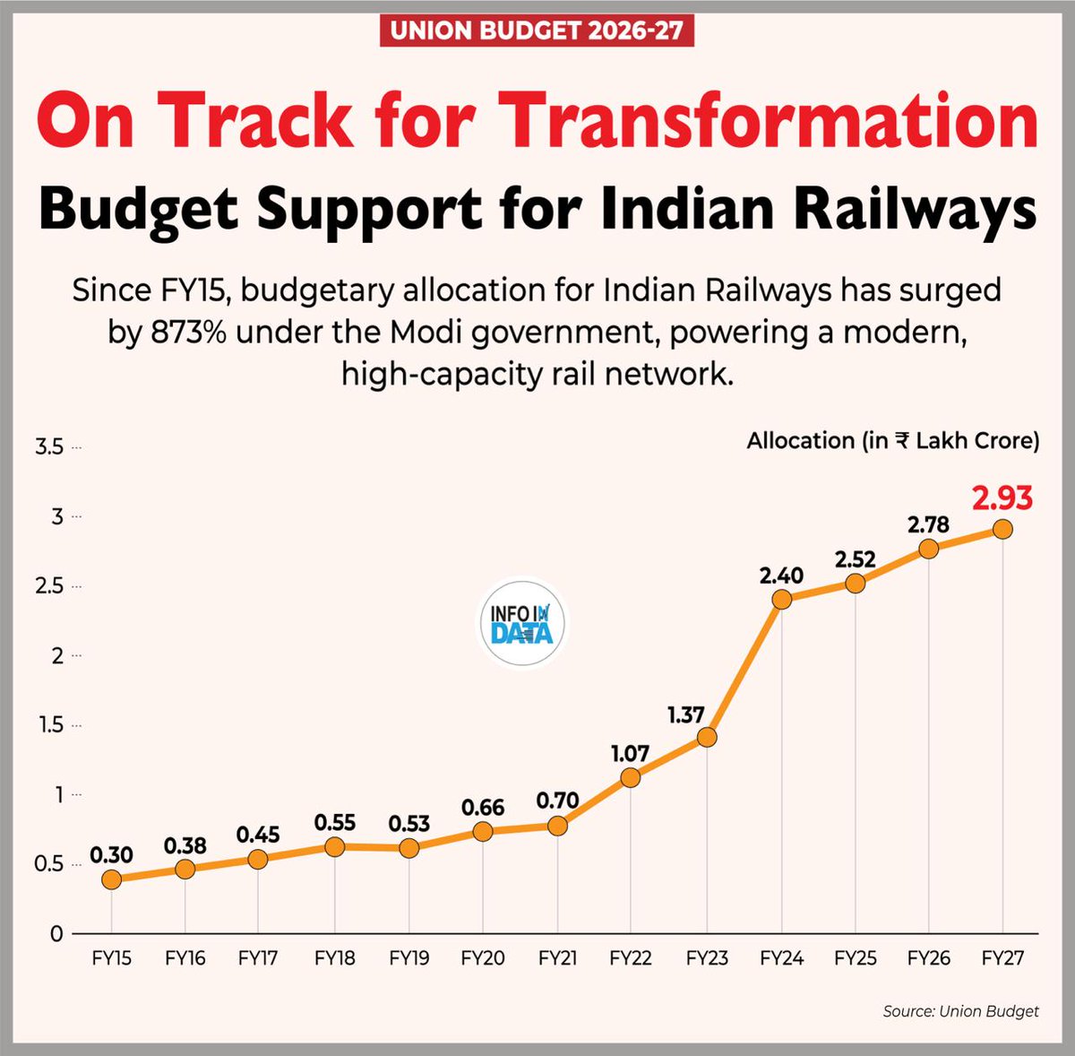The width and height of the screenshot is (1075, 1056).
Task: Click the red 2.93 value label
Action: [x=1002, y=498]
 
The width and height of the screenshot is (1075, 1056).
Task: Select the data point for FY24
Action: [x=781, y=599]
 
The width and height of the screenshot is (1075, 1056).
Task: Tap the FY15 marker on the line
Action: [x=111, y=879]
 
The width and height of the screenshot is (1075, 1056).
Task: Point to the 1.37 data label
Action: [x=685, y=714]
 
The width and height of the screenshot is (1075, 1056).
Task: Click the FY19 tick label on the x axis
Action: [x=408, y=958]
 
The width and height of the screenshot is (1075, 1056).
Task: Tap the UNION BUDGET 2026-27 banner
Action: [x=537, y=31]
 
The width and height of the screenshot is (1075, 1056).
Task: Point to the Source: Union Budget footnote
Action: [x=960, y=1011]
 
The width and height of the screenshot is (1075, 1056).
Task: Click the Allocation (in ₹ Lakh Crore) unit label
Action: [x=892, y=441]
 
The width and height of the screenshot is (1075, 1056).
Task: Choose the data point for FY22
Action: [x=630, y=777]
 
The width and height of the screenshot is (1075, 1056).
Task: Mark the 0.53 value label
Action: [x=408, y=823]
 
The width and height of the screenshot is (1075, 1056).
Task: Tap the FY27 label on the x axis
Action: [x=1002, y=958]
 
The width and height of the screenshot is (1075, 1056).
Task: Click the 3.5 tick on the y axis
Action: [x=49, y=446]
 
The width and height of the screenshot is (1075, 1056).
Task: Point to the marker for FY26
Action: [x=929, y=549]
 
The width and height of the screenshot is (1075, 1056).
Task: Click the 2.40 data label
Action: [x=781, y=575]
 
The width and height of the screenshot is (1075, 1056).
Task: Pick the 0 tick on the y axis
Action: [x=56, y=934]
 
